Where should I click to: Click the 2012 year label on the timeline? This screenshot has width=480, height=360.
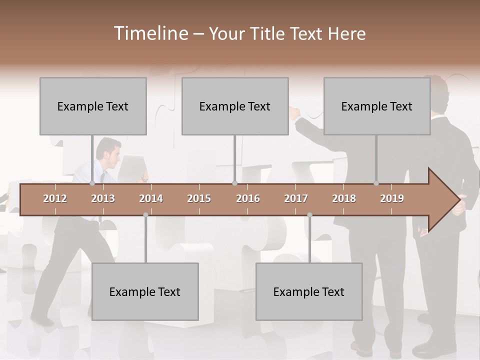[x=55, y=198]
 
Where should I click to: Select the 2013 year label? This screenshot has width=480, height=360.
[x=103, y=198]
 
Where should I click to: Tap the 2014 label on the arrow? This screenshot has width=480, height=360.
[x=151, y=198]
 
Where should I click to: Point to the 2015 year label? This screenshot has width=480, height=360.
[x=199, y=198]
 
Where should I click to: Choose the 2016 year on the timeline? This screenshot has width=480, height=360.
[x=248, y=198]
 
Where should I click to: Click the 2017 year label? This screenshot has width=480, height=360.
[x=296, y=198]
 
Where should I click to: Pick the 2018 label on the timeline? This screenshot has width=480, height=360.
[x=344, y=198]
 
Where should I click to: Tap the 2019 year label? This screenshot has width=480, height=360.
[x=392, y=198]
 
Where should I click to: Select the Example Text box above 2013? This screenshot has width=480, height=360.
[x=93, y=106]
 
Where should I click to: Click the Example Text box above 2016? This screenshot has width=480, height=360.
[x=235, y=106]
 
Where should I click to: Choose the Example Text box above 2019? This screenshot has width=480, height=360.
[x=377, y=106]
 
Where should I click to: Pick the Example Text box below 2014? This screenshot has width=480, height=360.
[x=145, y=291]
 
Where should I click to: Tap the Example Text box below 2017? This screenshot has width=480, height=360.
[x=309, y=291]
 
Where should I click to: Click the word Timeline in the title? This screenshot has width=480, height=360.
[x=150, y=33]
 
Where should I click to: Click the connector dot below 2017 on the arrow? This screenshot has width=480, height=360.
[x=309, y=215]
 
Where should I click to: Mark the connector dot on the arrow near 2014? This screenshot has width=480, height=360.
[x=145, y=215]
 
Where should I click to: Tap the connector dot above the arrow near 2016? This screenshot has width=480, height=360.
[x=234, y=183]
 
